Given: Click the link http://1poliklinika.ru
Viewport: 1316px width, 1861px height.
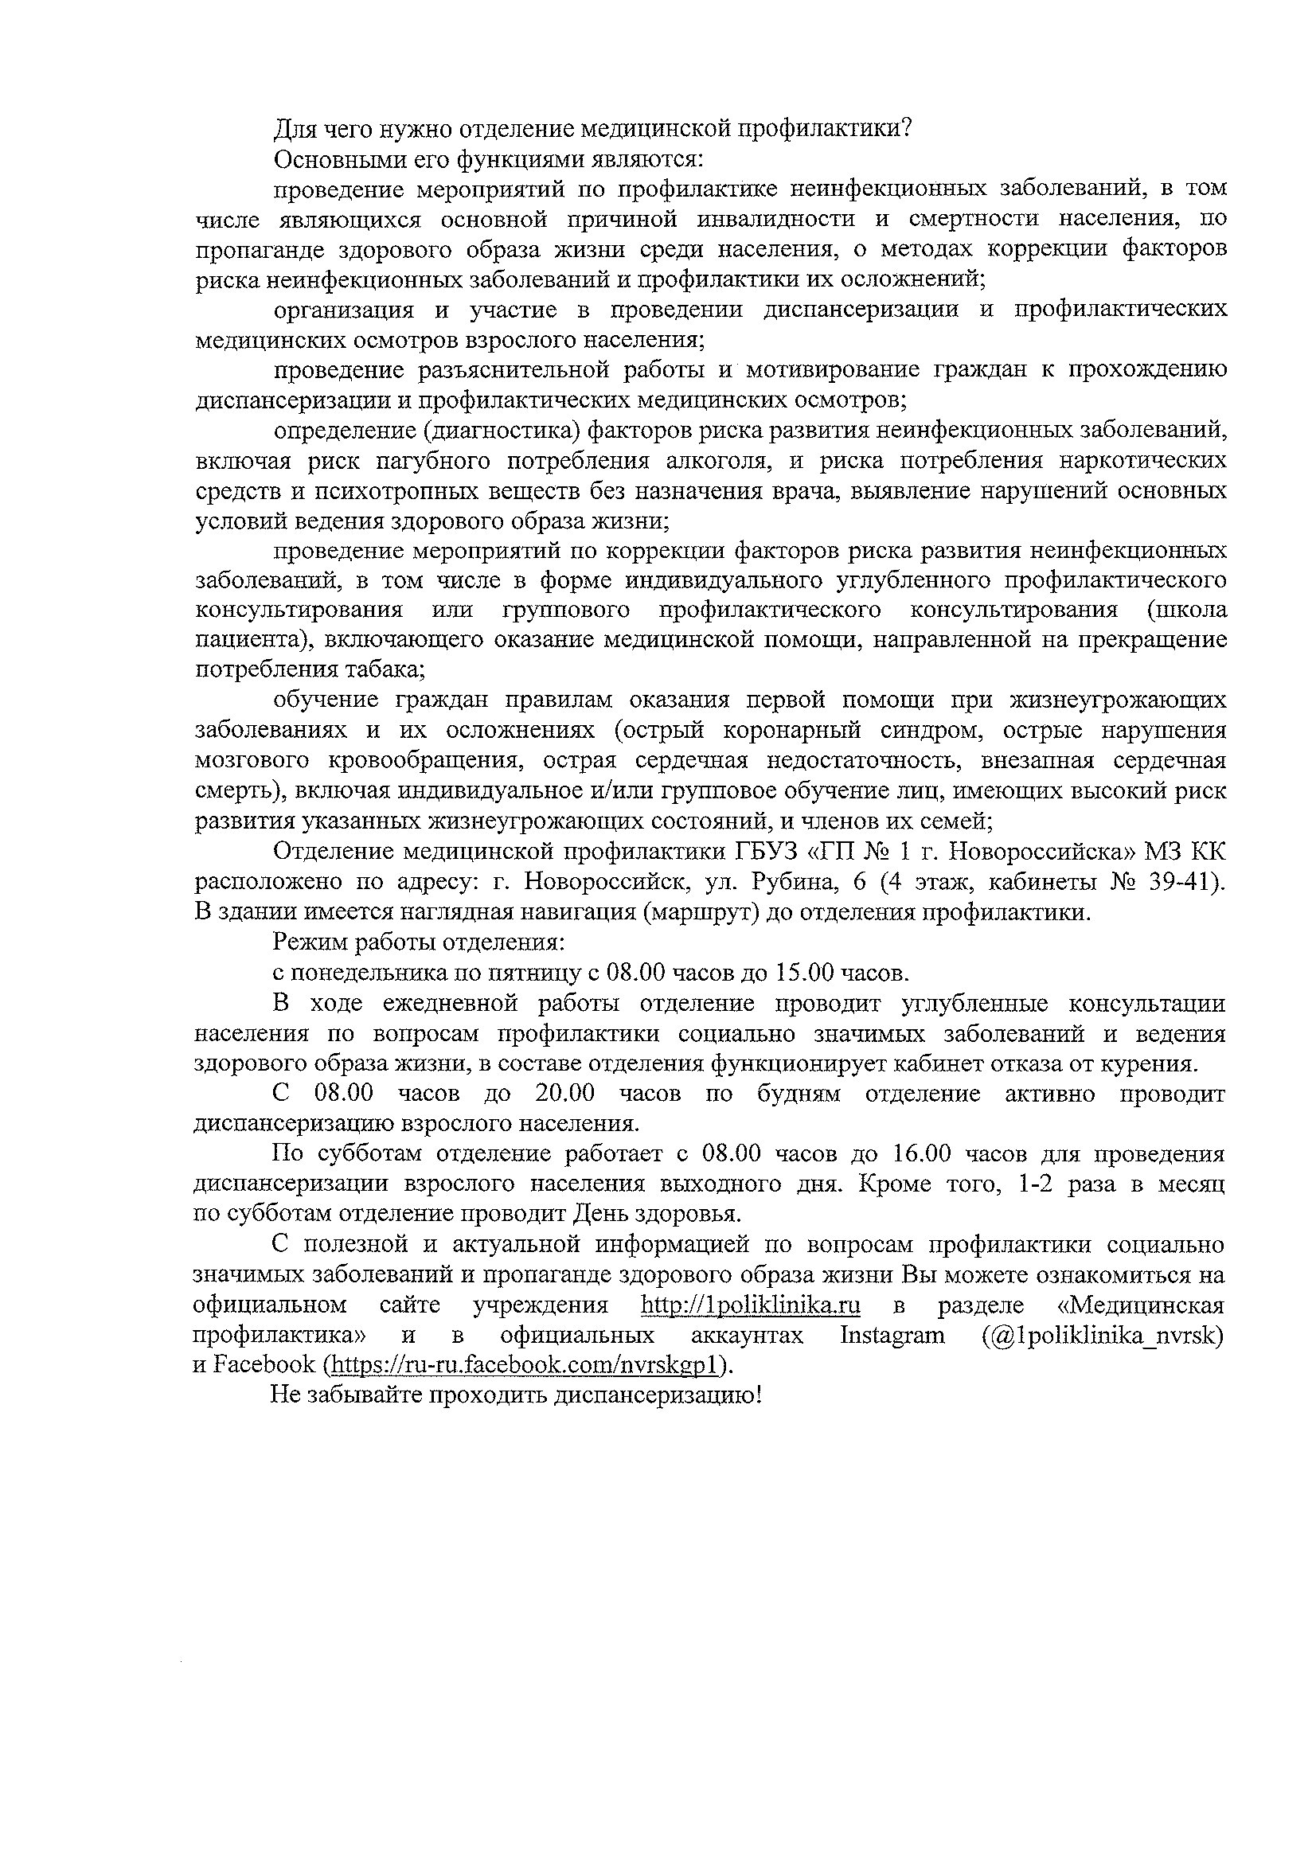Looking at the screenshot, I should pyautogui.click(x=750, y=1305).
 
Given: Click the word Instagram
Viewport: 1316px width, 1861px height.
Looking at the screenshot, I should pyautogui.click(x=892, y=1335).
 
